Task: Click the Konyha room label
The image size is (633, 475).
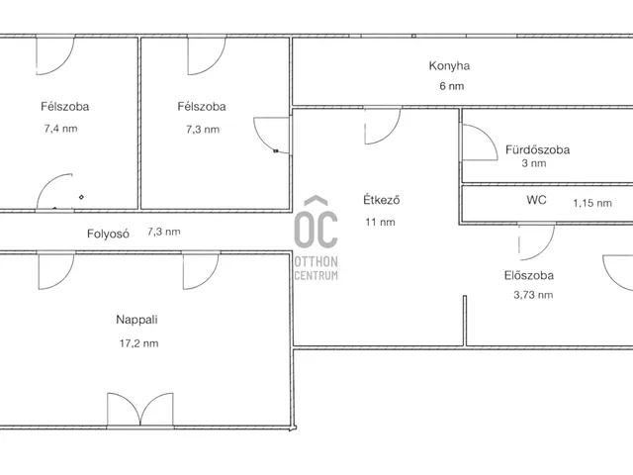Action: pos(449,66)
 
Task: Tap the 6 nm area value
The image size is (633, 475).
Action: pos(451,86)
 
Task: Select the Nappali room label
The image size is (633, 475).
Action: pos(136,320)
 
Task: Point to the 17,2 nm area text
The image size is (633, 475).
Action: pos(138,343)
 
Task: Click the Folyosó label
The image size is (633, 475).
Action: pos(108,234)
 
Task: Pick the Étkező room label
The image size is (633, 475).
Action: pos(382,200)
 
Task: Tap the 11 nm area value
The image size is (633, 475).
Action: pos(380,222)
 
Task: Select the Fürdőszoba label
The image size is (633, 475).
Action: pos(537,149)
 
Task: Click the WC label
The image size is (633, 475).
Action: pos(536,200)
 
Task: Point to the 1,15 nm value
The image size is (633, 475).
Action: pos(592,203)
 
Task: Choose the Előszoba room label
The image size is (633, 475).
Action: pos(529,275)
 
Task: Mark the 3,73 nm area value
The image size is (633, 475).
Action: pos(533,295)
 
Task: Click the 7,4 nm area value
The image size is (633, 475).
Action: pos(60,129)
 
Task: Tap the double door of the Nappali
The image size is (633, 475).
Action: pos(140,410)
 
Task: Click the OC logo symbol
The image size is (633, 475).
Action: pos(316,222)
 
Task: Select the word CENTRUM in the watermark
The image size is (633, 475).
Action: pos(316,275)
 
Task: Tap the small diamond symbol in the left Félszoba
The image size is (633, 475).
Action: pos(81,197)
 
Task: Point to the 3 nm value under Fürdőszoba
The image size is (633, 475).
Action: pos(534,163)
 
